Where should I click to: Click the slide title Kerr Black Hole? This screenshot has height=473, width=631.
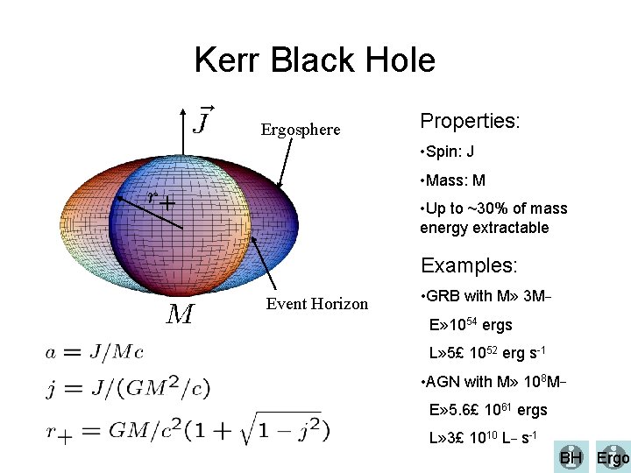tap(315, 60)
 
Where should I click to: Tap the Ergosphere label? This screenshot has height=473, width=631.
tap(301, 130)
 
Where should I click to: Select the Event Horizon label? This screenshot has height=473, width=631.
tap(316, 304)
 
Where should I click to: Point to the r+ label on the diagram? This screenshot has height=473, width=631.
tap(160, 200)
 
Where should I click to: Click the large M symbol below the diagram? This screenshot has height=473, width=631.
tap(180, 314)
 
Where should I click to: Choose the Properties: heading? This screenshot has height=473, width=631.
tap(471, 121)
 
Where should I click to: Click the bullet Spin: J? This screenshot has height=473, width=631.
tap(450, 152)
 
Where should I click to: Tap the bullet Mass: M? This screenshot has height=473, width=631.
tap(455, 181)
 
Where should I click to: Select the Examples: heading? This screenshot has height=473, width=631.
tap(469, 265)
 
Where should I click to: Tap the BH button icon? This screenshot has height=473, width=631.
tap(571, 457)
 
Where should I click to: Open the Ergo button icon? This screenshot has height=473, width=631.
tap(613, 457)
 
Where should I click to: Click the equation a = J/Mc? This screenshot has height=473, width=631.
tap(95, 352)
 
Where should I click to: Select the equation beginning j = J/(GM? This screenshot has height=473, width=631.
tap(128, 386)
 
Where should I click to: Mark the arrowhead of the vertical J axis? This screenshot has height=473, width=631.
tap(182, 109)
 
